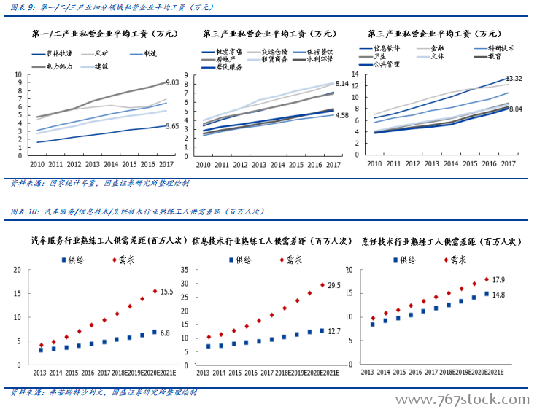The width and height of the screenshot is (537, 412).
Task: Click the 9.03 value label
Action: (x=173, y=82)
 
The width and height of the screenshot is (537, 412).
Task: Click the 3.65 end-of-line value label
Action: (x=173, y=126)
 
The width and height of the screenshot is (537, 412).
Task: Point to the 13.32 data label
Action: (x=514, y=78)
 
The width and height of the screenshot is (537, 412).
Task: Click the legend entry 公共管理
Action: (x=385, y=64)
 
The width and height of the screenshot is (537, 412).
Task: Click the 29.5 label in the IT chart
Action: (x=335, y=285)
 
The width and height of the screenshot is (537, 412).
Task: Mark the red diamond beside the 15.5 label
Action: (x=155, y=292)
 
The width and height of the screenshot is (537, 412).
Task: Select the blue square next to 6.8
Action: (x=154, y=333)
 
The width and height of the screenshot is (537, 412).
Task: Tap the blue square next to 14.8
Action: (x=487, y=295)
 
